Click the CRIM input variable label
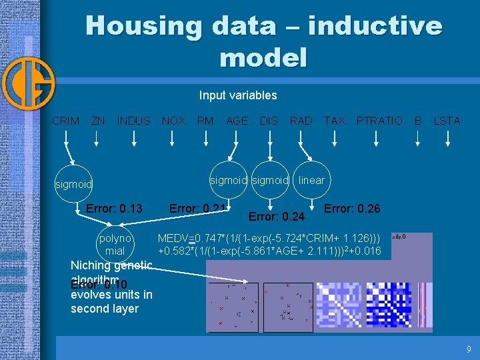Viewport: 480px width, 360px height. (66, 121)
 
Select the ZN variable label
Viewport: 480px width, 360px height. (98, 121)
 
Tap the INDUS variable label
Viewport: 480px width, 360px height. (134, 121)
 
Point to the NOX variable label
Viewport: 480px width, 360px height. (174, 121)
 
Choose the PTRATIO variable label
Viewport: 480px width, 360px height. (379, 121)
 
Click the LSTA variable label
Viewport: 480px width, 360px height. (447, 121)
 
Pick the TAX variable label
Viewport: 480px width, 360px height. (335, 121)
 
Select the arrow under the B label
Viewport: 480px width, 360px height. (418, 138)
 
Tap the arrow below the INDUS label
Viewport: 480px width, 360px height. (134, 138)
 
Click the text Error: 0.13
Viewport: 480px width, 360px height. (114, 209)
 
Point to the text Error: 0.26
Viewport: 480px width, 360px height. (352, 209)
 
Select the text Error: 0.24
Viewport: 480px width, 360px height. (276, 217)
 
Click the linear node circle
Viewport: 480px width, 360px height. (311, 180)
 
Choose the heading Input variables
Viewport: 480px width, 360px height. (238, 95)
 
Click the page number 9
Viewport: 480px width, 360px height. (469, 349)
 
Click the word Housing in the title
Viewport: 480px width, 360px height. (143, 26)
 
